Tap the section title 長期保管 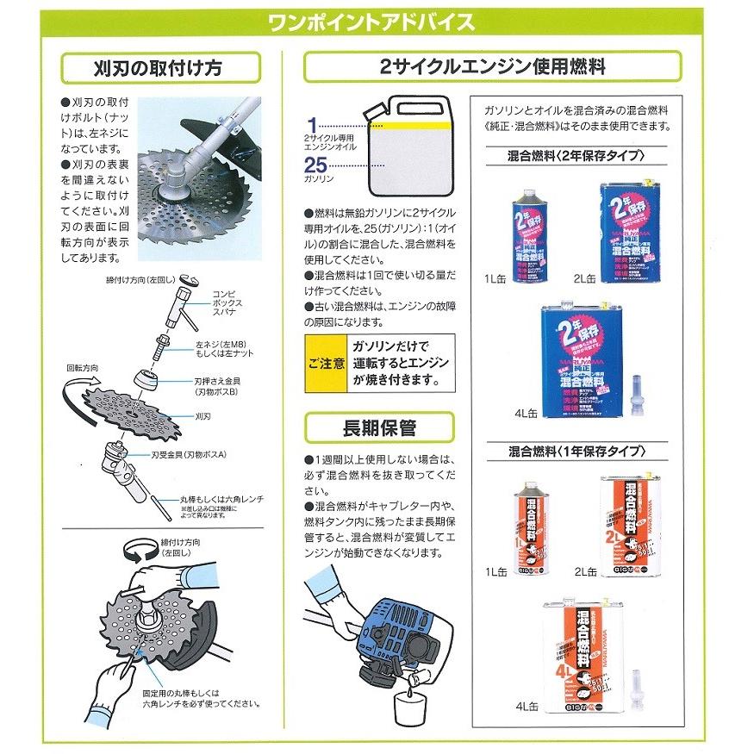[x=381, y=427]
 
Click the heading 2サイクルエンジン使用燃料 [x=493, y=65]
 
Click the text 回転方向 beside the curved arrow [x=82, y=368]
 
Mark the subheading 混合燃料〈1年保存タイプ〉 [x=578, y=452]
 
